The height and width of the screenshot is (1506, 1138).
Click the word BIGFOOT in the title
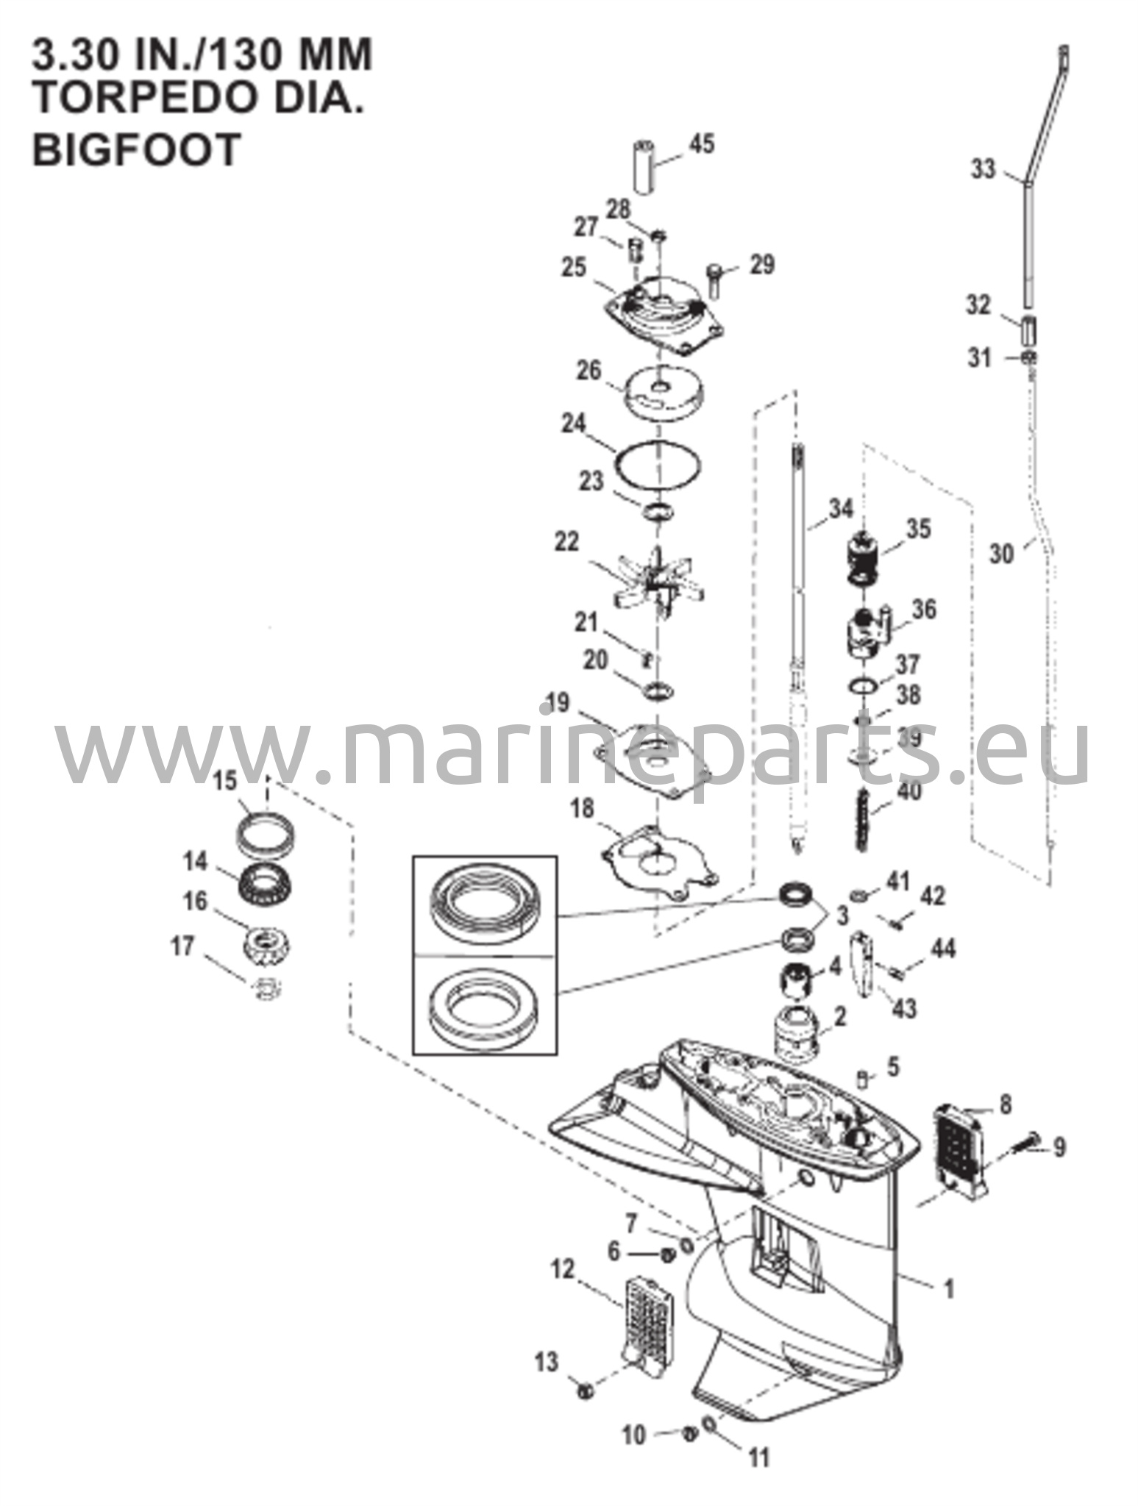click(137, 149)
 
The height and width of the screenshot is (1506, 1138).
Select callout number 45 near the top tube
click(702, 143)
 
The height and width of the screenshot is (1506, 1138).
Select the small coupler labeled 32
click(1029, 331)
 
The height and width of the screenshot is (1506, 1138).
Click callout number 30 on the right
click(1000, 553)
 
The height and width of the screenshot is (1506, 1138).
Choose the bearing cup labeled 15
click(267, 831)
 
